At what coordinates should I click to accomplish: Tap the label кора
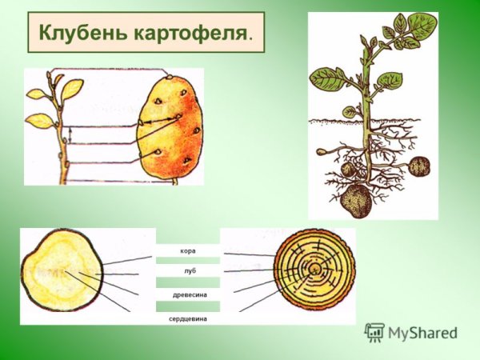(x=188, y=251)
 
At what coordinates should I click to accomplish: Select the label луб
(x=189, y=272)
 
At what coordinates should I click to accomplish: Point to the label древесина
(x=190, y=295)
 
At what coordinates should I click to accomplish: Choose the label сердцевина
(x=189, y=317)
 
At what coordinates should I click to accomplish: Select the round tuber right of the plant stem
(x=420, y=166)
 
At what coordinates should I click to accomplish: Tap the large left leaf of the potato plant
(x=326, y=78)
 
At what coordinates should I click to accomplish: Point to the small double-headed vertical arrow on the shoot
(x=70, y=135)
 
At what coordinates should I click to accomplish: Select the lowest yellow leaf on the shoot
(x=40, y=121)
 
